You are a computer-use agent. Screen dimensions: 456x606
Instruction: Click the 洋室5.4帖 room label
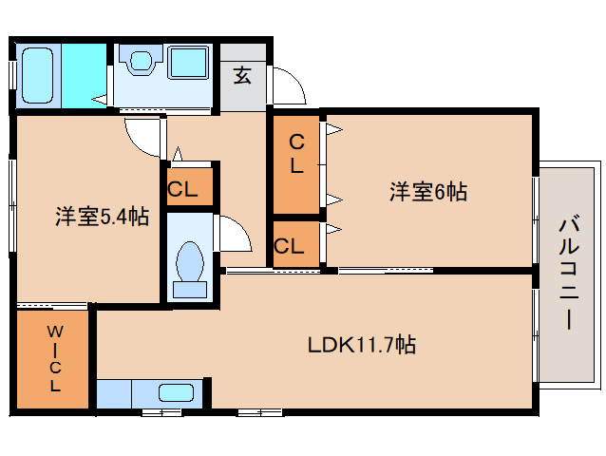pyautogui.click(x=101, y=217)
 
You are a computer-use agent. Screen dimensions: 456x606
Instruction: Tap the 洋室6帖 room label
pyautogui.click(x=427, y=192)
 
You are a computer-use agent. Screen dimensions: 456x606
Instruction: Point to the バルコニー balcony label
pyautogui.click(x=567, y=273)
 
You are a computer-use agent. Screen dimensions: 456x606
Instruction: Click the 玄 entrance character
pyautogui.click(x=243, y=75)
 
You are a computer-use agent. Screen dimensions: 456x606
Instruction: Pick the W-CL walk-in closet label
pyautogui.click(x=54, y=359)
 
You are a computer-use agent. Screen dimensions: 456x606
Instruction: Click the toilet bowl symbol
pyautogui.click(x=191, y=258)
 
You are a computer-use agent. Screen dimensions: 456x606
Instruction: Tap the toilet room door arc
pyautogui.click(x=235, y=235)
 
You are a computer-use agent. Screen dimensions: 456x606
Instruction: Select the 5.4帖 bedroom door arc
pyautogui.click(x=143, y=136)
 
